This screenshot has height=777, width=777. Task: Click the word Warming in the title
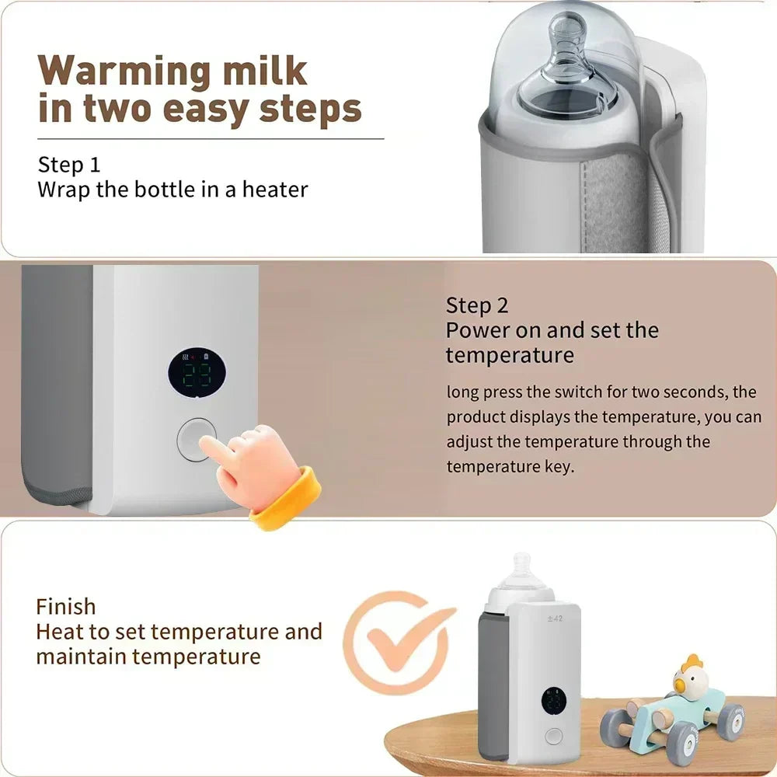[x=124, y=71]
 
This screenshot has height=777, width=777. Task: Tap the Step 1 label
[x=69, y=165]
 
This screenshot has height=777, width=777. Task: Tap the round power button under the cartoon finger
[x=195, y=440]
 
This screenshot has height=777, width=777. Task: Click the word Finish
[x=66, y=606]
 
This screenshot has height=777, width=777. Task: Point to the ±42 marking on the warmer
[x=554, y=618]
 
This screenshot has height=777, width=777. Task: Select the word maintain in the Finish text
[x=81, y=657]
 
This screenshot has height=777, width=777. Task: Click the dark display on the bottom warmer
[x=553, y=702]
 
